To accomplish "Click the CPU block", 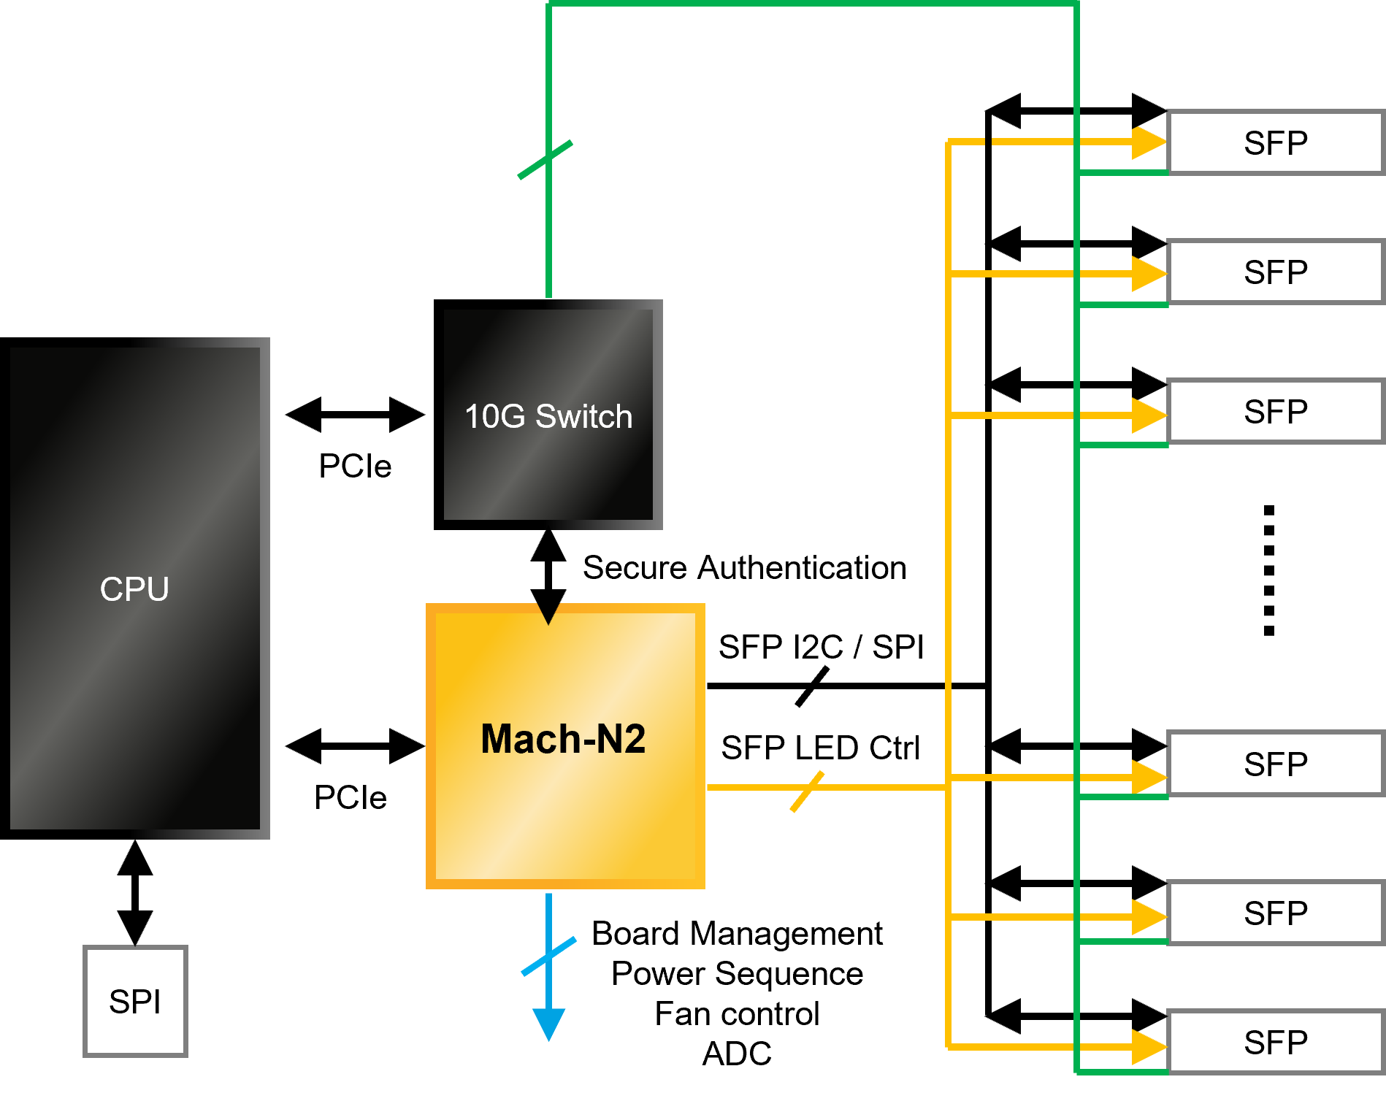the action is (135, 588).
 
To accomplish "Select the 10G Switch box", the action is (548, 415).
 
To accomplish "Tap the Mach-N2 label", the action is (563, 739).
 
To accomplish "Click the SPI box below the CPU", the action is (135, 1001).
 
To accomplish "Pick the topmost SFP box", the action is (1276, 142).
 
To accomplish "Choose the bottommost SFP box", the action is (1276, 1042).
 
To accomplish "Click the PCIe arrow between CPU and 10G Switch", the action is (355, 415).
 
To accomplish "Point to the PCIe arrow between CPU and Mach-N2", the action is (355, 745).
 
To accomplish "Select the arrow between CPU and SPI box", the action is (135, 893).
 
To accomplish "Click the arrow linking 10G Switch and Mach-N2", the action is (548, 578).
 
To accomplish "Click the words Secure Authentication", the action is (745, 567).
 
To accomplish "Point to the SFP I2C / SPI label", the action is (821, 647).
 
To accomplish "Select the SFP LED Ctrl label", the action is (820, 748).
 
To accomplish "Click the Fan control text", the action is (737, 1013).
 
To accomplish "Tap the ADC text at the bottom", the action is (737, 1054).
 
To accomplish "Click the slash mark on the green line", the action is (545, 159).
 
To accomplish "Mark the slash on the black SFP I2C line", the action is (812, 686).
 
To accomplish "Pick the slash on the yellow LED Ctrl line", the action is (807, 791).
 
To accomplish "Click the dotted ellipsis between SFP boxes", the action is (1269, 570).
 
